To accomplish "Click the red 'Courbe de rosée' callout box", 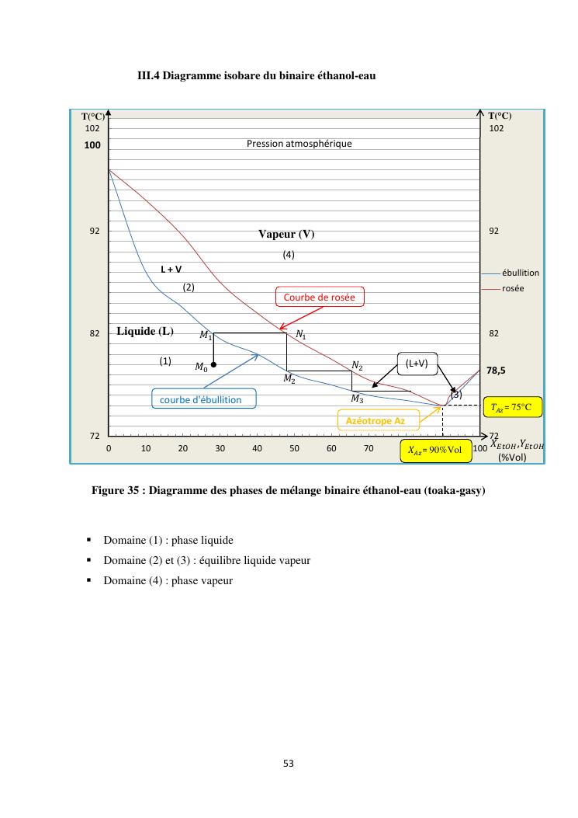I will (x=319, y=298).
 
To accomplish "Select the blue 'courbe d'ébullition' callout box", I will (x=201, y=399).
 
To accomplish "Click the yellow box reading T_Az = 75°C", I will (x=511, y=407).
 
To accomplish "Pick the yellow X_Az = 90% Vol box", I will (x=435, y=451).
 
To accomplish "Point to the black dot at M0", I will (x=213, y=364).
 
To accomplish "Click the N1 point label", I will (x=301, y=335).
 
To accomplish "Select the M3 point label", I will (x=357, y=399).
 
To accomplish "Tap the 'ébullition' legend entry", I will (x=521, y=273).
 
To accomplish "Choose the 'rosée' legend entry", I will (x=513, y=288).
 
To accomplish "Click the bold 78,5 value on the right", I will (x=497, y=371).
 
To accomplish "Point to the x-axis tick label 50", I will (x=295, y=448).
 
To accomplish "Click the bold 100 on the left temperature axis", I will (x=93, y=144).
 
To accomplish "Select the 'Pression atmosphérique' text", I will (x=299, y=144).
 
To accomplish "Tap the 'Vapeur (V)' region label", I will (x=286, y=234).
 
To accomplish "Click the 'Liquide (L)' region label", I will (x=145, y=332).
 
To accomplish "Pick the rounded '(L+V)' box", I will (x=417, y=363).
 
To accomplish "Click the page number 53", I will (x=289, y=763).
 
